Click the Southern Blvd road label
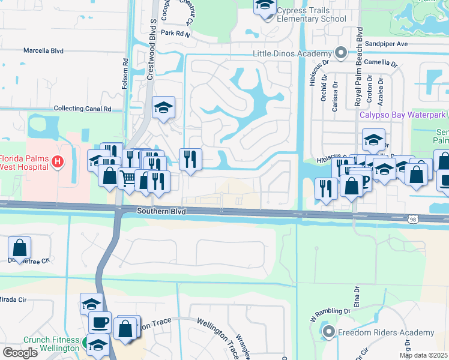point(161,212)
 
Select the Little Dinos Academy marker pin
point(341,53)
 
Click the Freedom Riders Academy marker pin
point(328,332)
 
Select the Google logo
point(19,352)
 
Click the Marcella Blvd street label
point(43,51)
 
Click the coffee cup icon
point(100,322)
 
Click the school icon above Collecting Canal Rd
point(163,107)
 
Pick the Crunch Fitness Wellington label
point(51,344)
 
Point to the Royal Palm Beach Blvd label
point(360,57)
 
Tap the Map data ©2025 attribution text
point(424,355)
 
